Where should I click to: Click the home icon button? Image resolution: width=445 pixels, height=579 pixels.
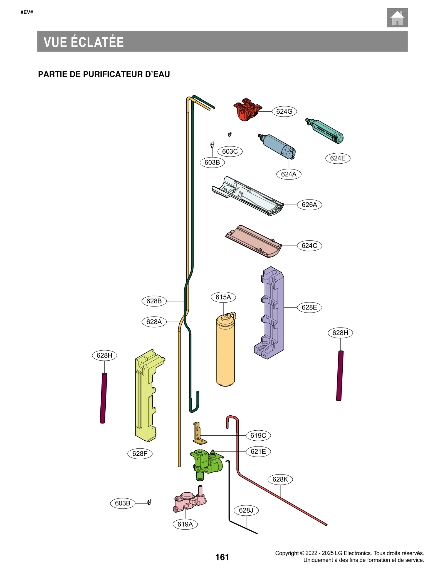coord(397,18)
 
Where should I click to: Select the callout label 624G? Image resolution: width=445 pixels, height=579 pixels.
coord(284,111)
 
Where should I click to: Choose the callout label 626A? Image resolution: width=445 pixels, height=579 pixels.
coord(309,205)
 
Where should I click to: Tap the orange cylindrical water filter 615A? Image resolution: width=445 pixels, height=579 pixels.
coord(225,351)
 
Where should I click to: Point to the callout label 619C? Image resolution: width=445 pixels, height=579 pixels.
coord(258,435)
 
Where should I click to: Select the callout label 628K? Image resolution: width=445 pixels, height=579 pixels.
coord(280,479)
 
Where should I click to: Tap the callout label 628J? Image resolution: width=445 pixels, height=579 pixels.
coord(246,510)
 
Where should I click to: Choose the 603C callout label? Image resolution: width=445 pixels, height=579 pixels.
coord(230,151)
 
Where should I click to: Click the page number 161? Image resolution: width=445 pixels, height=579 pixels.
coord(222,557)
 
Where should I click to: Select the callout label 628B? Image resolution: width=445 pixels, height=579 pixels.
coord(154,301)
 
